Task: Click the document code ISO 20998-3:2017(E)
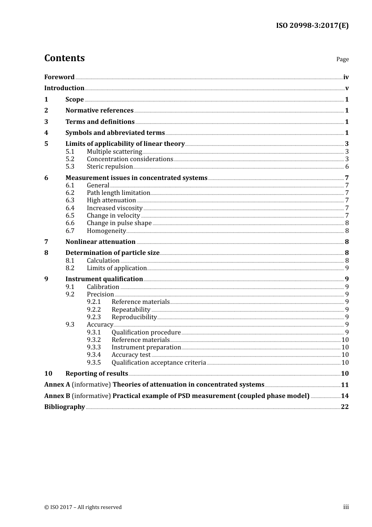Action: [x=312, y=25]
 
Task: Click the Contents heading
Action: [x=64, y=58]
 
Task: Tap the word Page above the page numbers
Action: [x=342, y=59]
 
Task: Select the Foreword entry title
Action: [x=59, y=77]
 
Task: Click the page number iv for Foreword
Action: [x=346, y=77]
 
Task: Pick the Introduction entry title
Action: [x=64, y=88]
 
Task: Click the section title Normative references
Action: [x=99, y=111]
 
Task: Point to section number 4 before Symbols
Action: [x=46, y=133]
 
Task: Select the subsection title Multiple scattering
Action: [x=114, y=152]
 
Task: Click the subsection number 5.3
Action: [x=70, y=167]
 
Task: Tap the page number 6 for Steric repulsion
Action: [x=347, y=167]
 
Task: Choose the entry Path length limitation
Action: [x=118, y=193]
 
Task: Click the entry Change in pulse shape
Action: [x=119, y=223]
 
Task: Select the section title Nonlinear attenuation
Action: [x=100, y=242]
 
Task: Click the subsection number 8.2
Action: [x=70, y=268]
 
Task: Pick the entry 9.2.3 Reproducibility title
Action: [x=134, y=317]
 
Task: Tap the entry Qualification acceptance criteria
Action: [x=159, y=363]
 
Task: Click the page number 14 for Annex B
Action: [x=345, y=396]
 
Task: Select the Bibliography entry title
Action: [x=65, y=407]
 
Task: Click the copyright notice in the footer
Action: [x=83, y=507]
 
